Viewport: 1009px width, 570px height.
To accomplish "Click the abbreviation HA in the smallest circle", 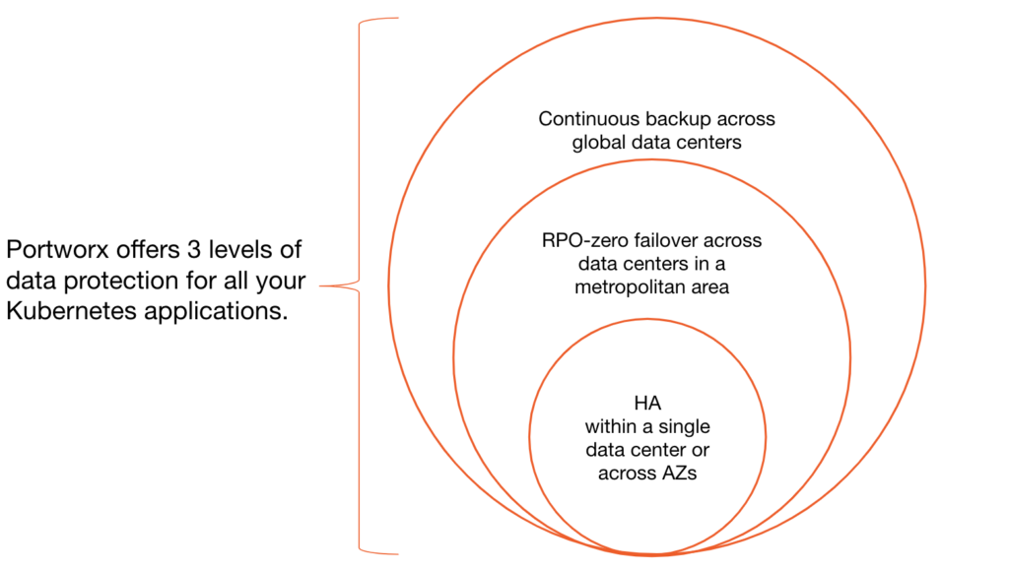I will (646, 404).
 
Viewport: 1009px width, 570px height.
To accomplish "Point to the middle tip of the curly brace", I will (322, 286).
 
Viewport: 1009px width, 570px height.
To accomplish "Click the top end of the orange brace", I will (396, 19).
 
